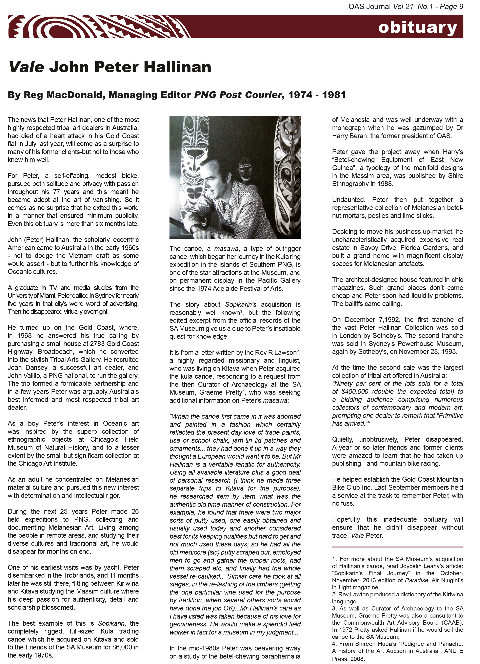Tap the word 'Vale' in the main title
26,67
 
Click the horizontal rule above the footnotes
397,547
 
